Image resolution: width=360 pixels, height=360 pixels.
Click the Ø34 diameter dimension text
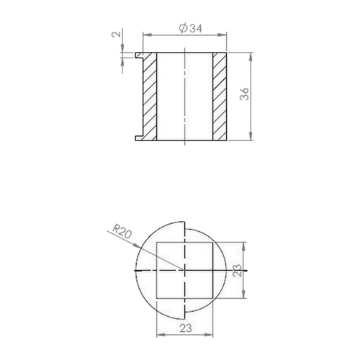(x=191, y=28)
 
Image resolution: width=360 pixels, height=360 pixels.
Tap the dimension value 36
(x=245, y=94)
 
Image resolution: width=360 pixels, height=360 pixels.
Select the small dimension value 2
(x=117, y=34)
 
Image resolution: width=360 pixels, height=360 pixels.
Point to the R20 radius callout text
(x=122, y=231)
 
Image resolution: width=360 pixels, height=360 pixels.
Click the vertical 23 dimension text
(x=238, y=271)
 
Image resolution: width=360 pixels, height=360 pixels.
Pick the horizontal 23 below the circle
(x=186, y=328)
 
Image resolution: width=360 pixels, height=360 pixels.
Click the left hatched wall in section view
(x=150, y=96)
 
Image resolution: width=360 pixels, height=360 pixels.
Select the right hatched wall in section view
(x=220, y=96)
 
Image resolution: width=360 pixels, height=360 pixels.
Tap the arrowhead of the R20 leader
(x=137, y=246)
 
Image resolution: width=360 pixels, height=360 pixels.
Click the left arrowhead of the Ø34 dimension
(x=147, y=35)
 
